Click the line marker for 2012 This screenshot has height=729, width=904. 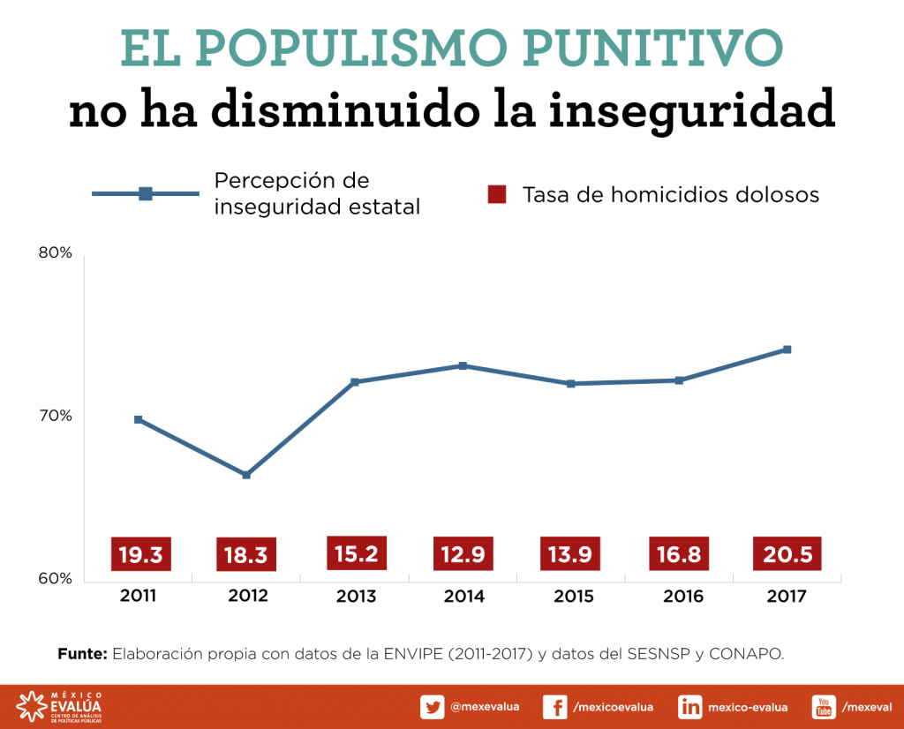click(x=246, y=475)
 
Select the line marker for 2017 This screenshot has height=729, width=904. click(x=787, y=349)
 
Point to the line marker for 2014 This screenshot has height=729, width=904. click(x=463, y=365)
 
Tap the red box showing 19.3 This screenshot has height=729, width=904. click(x=139, y=554)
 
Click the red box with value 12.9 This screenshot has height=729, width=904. click(x=463, y=554)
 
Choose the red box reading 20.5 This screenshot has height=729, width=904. click(x=787, y=554)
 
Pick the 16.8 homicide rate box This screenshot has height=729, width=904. click(x=679, y=554)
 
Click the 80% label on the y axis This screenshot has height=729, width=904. click(x=55, y=253)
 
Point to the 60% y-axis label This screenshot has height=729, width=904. click(x=55, y=579)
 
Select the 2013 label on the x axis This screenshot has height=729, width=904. click(x=356, y=597)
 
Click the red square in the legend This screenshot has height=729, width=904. click(x=497, y=194)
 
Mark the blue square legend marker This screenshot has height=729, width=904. click(x=146, y=194)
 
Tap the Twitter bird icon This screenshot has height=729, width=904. click(x=432, y=707)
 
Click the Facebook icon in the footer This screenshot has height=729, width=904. click(x=554, y=707)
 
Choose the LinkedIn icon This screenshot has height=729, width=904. click(x=689, y=707)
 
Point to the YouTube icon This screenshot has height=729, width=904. click(x=824, y=707)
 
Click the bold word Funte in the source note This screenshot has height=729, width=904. click(x=82, y=654)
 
